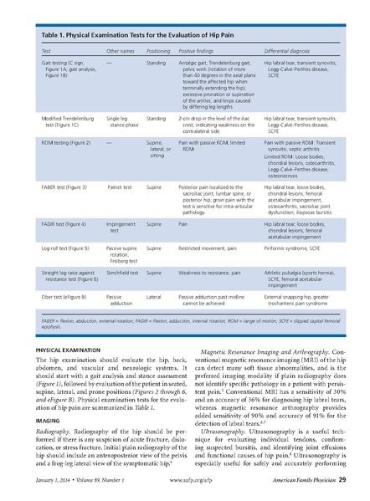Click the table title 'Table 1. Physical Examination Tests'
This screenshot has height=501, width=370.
point(126,38)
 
